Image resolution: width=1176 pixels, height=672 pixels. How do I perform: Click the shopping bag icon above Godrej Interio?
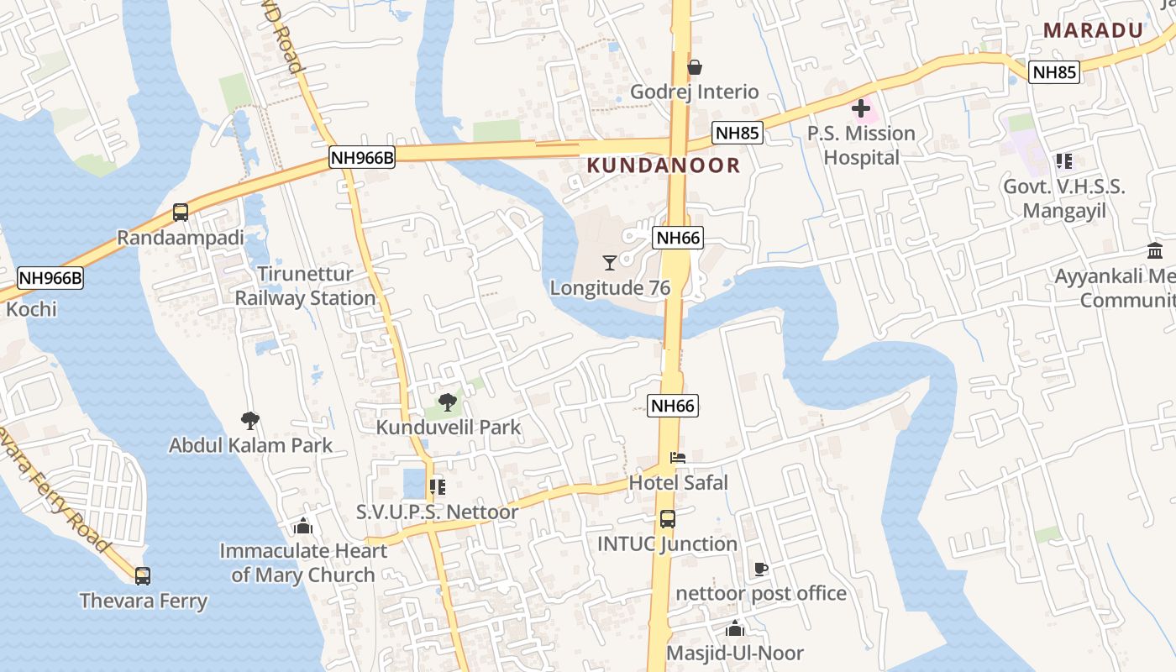695,67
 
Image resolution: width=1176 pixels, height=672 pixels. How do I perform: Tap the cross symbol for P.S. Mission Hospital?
861,108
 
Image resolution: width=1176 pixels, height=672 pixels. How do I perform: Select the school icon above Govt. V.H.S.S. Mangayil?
1064,161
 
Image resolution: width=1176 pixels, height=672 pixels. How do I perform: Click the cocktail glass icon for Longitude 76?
610,263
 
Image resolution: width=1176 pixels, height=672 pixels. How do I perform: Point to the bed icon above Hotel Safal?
678,458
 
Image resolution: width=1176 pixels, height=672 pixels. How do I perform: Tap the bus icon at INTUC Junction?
668,519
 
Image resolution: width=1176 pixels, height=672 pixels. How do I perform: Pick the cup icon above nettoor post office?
761,569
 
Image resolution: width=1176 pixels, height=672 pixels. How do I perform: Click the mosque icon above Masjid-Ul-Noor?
735,628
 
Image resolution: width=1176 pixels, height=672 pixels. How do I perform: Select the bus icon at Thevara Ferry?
143,576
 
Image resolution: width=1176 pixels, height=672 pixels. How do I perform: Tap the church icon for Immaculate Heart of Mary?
303,527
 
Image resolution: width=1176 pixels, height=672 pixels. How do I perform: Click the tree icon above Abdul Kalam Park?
249,420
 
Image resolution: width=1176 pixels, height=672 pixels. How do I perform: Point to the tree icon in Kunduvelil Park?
448,402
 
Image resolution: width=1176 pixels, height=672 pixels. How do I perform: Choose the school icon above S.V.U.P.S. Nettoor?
437,486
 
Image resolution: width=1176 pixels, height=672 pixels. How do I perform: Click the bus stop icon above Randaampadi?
181,213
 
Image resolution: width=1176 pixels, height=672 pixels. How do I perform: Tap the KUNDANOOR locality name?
664,165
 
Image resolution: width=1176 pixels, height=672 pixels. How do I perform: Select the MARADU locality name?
1093,31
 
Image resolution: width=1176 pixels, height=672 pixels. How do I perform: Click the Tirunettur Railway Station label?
305,286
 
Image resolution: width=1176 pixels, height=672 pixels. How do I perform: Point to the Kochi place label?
32,309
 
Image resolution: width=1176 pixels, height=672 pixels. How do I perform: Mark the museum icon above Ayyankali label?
1155,251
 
